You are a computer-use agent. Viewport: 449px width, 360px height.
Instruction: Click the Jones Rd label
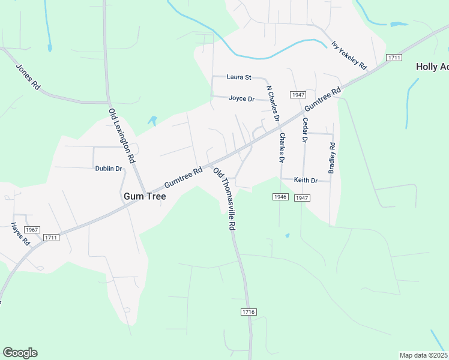pyautogui.click(x=28, y=77)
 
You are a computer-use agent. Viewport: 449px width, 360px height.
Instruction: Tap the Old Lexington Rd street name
pyautogui.click(x=122, y=136)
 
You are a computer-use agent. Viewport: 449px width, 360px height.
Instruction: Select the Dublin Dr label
pyautogui.click(x=109, y=169)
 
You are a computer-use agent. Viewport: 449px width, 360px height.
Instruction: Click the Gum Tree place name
pyautogui.click(x=144, y=196)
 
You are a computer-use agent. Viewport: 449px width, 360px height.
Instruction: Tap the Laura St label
pyautogui.click(x=239, y=77)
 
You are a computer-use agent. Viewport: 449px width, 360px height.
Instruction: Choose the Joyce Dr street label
pyautogui.click(x=242, y=98)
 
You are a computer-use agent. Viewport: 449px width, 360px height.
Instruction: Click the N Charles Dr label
pyautogui.click(x=273, y=103)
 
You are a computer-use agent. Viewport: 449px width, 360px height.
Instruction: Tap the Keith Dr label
pyautogui.click(x=306, y=180)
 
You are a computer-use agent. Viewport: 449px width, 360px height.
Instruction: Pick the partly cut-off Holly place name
pyautogui.click(x=432, y=67)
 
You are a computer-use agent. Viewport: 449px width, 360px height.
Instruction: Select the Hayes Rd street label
pyautogui.click(x=20, y=234)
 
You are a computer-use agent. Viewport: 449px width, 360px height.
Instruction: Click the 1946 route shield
pyautogui.click(x=280, y=197)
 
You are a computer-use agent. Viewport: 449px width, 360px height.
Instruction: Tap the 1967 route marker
pyautogui.click(x=32, y=230)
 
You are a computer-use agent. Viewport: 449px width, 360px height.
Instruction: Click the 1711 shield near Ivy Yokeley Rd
pyautogui.click(x=394, y=57)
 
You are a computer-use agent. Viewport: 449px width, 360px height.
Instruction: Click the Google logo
pyautogui.click(x=20, y=353)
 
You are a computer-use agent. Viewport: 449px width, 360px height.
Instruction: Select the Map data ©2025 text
pyautogui.click(x=423, y=355)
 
